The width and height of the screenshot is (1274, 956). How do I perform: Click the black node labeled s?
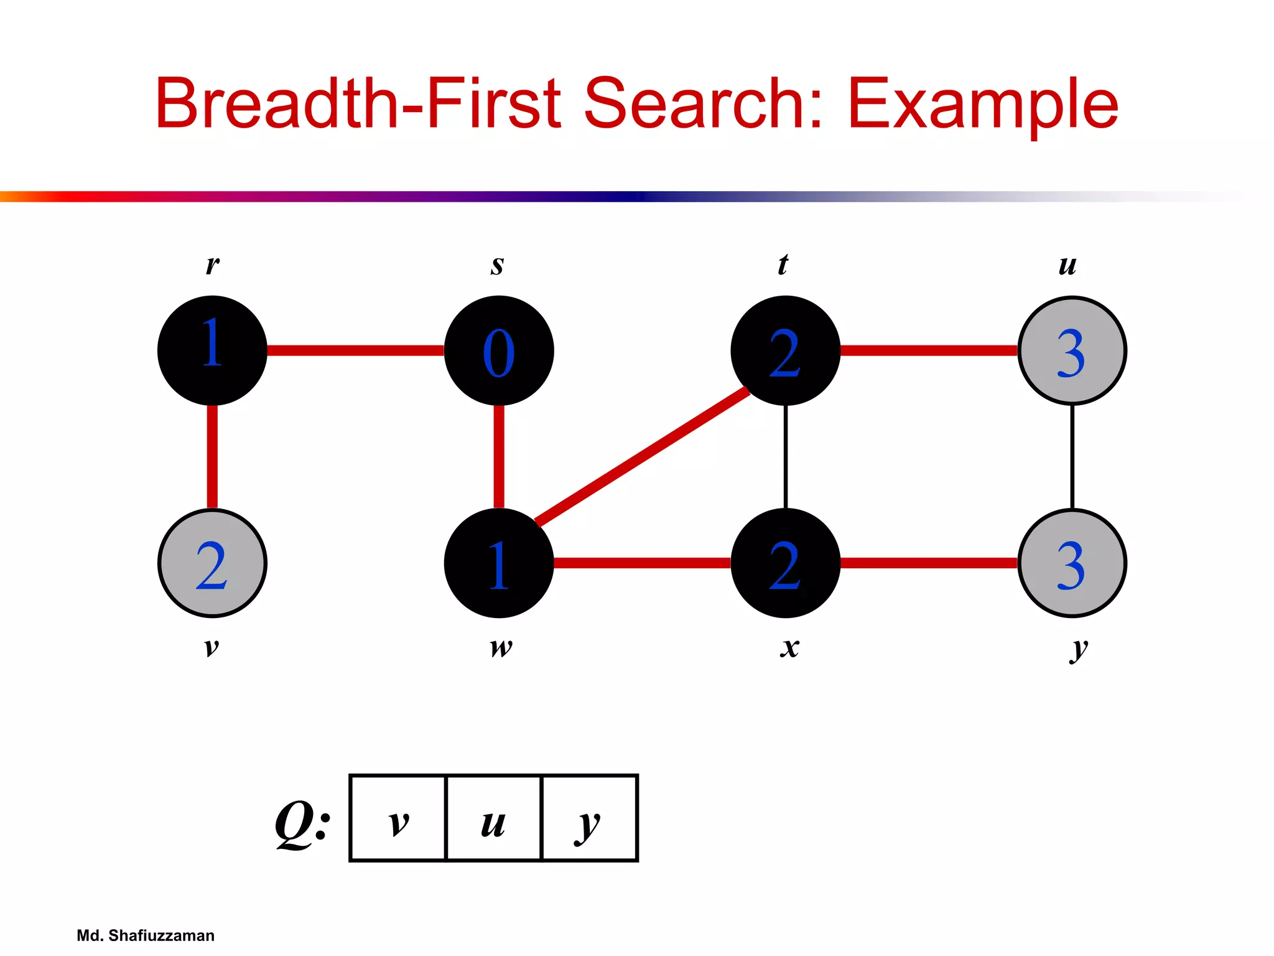coord(499,350)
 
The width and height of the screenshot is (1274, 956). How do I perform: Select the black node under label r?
coord(212,350)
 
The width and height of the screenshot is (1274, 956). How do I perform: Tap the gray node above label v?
coord(212,563)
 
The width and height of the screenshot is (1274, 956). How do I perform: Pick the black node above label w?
coord(499,563)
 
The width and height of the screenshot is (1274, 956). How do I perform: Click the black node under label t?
coord(785,350)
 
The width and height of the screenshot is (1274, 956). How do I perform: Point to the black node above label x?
coord(785,563)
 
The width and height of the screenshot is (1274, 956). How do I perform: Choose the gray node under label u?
coord(1072,350)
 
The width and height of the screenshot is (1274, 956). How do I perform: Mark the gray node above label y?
coord(1072,563)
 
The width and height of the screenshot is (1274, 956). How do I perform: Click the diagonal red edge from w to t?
coord(643,456)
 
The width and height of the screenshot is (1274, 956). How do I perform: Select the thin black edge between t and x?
coord(786,456)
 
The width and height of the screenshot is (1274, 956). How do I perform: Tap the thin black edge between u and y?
coord(1072,456)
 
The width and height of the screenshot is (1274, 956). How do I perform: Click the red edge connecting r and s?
coord(355,350)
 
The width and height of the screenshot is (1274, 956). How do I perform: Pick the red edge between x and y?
coord(929,563)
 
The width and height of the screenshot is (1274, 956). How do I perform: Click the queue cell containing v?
coord(399,818)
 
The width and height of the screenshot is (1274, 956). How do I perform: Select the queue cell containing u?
coord(494,818)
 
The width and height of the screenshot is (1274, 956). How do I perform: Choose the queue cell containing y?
coord(590,818)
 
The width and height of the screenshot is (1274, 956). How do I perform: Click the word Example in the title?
coord(982,104)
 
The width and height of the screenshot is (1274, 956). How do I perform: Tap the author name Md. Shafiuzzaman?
coord(146,935)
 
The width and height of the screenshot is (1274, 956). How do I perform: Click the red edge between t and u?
coord(929,350)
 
